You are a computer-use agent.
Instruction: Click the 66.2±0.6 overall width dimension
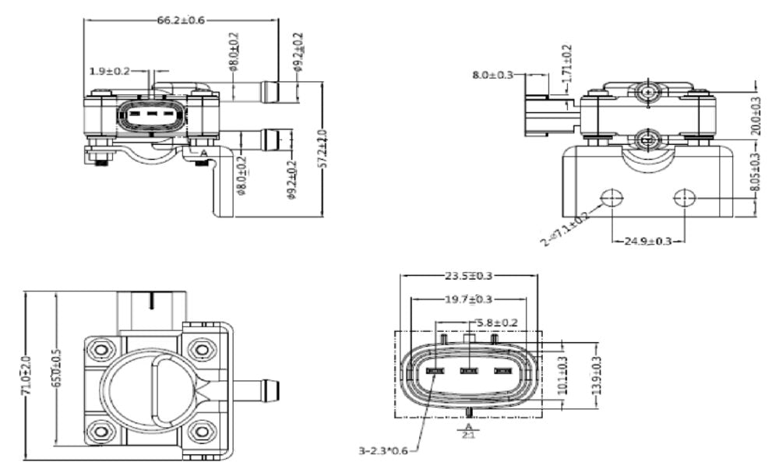tap(181, 20)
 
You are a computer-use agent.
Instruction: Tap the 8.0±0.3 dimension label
tap(493, 75)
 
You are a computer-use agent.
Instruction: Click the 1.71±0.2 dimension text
tap(566, 64)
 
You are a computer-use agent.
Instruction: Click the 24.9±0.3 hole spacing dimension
tap(647, 241)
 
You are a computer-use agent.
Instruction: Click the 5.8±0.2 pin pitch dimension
tap(494, 322)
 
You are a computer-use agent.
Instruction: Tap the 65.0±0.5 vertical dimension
tap(56, 369)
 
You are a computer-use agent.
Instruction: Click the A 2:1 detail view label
tap(468, 430)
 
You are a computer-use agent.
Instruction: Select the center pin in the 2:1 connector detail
tap(468, 371)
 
